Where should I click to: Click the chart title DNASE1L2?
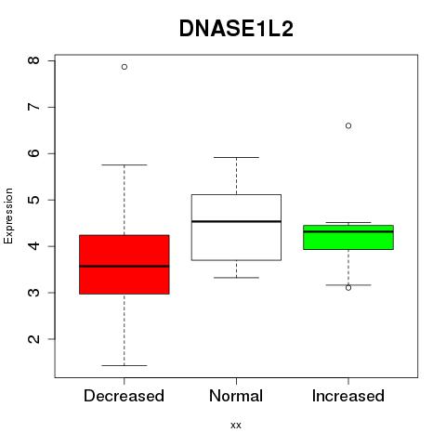[x=236, y=29]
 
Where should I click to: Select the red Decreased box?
[x=125, y=265]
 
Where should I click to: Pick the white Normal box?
[x=236, y=228]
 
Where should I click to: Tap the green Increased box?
[x=348, y=237]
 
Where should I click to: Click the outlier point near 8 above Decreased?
[x=125, y=67]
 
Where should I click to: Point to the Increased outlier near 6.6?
[x=348, y=125]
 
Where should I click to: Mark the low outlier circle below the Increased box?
[x=348, y=288]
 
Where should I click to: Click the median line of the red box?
[x=125, y=266]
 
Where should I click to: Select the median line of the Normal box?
[x=236, y=221]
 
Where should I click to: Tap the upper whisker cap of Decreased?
[x=125, y=164]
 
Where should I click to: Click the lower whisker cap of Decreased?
[x=125, y=365]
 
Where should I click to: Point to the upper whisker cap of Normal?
[x=236, y=157]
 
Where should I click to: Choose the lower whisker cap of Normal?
[x=236, y=278]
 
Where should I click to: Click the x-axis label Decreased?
[x=124, y=396]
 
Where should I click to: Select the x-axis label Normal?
[x=236, y=396]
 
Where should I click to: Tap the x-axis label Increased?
[x=348, y=396]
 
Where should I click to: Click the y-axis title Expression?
[x=8, y=216]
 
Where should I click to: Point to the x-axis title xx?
[x=236, y=426]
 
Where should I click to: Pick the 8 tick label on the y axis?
[x=33, y=60]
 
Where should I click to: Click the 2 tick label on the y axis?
[x=33, y=339]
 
